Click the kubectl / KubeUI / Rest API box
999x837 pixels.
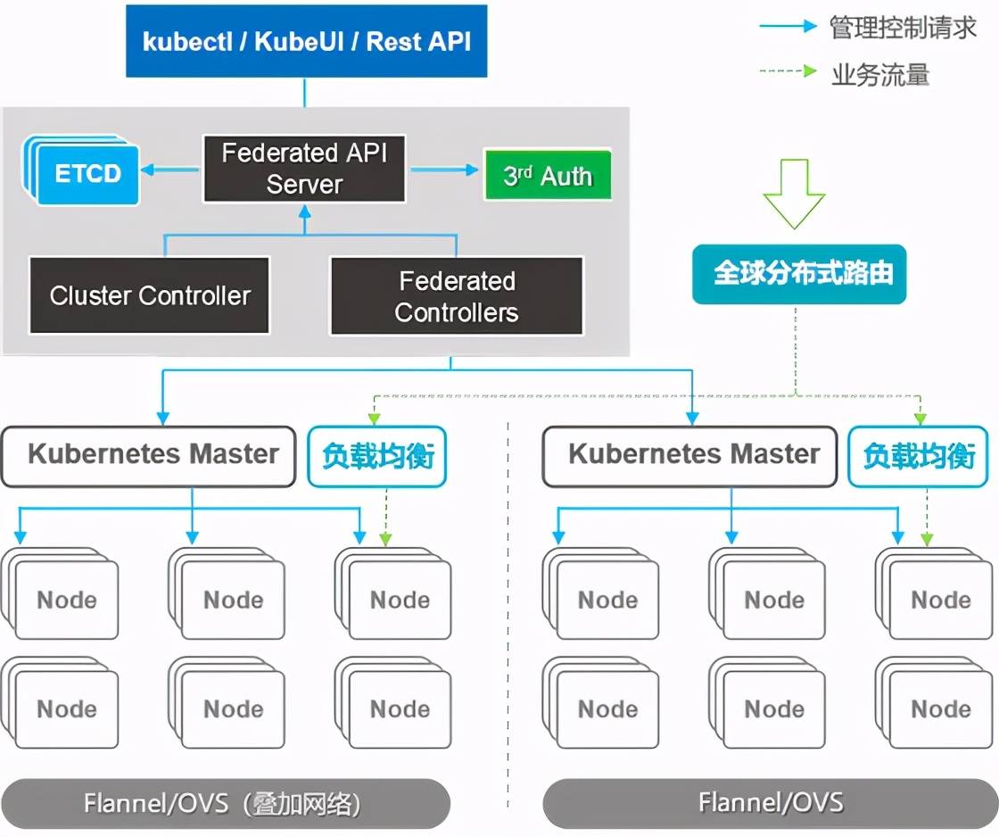306,41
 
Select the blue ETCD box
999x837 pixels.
87,173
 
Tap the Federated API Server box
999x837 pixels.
304,168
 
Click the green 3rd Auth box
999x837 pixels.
548,175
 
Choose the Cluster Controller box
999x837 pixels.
150,295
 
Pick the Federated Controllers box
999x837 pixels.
457,296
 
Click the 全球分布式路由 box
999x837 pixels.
799,273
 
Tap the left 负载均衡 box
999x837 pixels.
377,456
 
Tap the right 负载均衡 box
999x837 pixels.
918,456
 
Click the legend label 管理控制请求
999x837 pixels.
903,28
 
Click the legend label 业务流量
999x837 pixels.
879,74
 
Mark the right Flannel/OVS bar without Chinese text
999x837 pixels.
770,803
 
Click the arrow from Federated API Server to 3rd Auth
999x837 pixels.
443,170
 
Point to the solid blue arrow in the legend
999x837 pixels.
788,27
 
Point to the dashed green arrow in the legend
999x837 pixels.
788,71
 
